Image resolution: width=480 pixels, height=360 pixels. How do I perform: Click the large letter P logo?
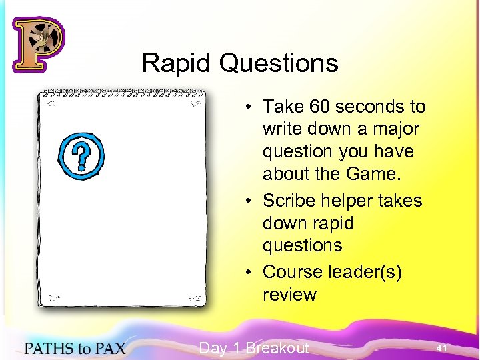[x=38, y=44]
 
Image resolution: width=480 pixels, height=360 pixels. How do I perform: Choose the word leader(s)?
[x=367, y=273]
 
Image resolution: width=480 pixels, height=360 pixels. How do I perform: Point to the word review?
[x=289, y=295]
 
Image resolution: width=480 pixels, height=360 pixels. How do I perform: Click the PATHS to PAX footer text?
[x=75, y=348]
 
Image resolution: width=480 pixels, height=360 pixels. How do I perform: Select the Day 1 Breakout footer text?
[x=254, y=348]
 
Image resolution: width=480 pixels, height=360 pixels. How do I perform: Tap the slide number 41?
[x=441, y=348]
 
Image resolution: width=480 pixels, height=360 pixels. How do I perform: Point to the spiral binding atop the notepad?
[x=123, y=92]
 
